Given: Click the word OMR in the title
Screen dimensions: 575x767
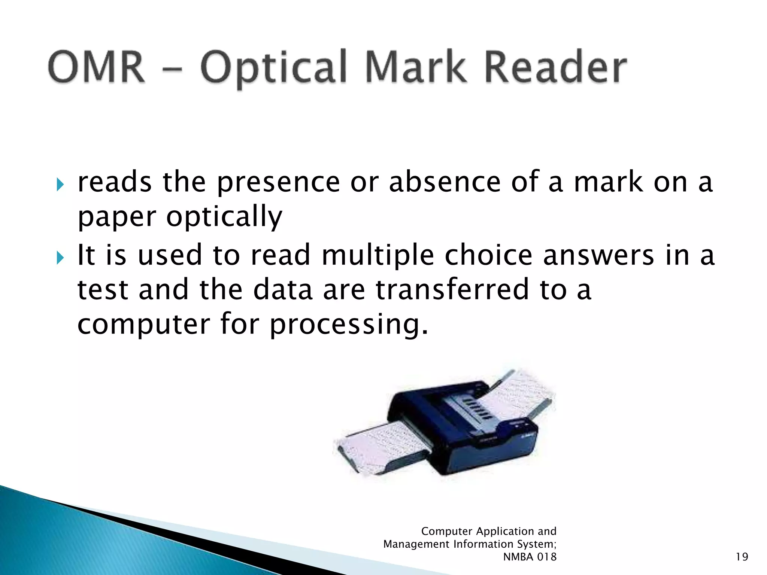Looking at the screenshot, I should [x=96, y=67].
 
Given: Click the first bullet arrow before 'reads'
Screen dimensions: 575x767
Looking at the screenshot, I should [x=60, y=184].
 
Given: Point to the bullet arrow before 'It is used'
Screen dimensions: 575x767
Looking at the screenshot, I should [x=60, y=258].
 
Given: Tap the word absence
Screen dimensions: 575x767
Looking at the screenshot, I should [x=445, y=182].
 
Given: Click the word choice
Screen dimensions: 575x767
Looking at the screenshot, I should [x=488, y=255].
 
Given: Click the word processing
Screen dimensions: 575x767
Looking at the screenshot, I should [x=349, y=325].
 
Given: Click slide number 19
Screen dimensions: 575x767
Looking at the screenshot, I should [x=742, y=557].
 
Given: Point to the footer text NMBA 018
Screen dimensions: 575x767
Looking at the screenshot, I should [x=530, y=557].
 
